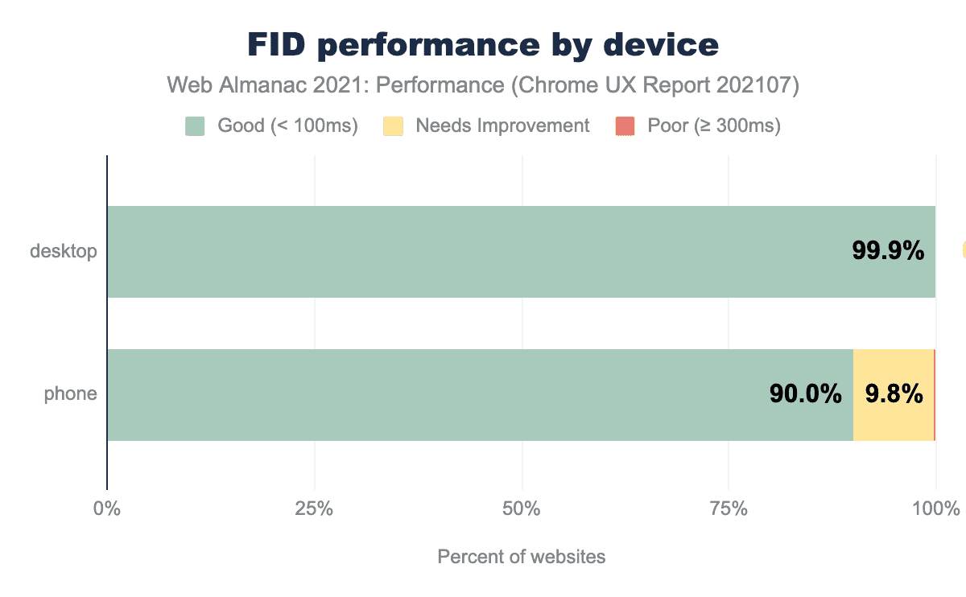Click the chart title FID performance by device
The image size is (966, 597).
(x=483, y=45)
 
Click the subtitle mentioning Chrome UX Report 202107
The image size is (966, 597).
(x=483, y=85)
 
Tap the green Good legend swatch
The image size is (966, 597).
(x=195, y=126)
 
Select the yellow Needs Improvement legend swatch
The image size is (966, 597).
(x=393, y=126)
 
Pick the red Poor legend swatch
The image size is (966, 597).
(x=625, y=126)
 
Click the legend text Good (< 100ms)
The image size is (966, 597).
(x=287, y=126)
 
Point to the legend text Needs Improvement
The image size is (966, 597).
(x=502, y=126)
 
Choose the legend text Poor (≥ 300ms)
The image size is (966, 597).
(x=713, y=126)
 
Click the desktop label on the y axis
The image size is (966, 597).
(x=63, y=251)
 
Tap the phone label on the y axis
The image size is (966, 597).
(x=70, y=394)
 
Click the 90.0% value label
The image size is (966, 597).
(x=805, y=394)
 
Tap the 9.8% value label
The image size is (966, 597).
(x=894, y=394)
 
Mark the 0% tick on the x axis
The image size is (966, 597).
(x=106, y=509)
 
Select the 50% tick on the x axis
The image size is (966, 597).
(x=522, y=509)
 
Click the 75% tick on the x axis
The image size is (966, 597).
(x=729, y=509)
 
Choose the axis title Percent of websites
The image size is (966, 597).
(x=521, y=557)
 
